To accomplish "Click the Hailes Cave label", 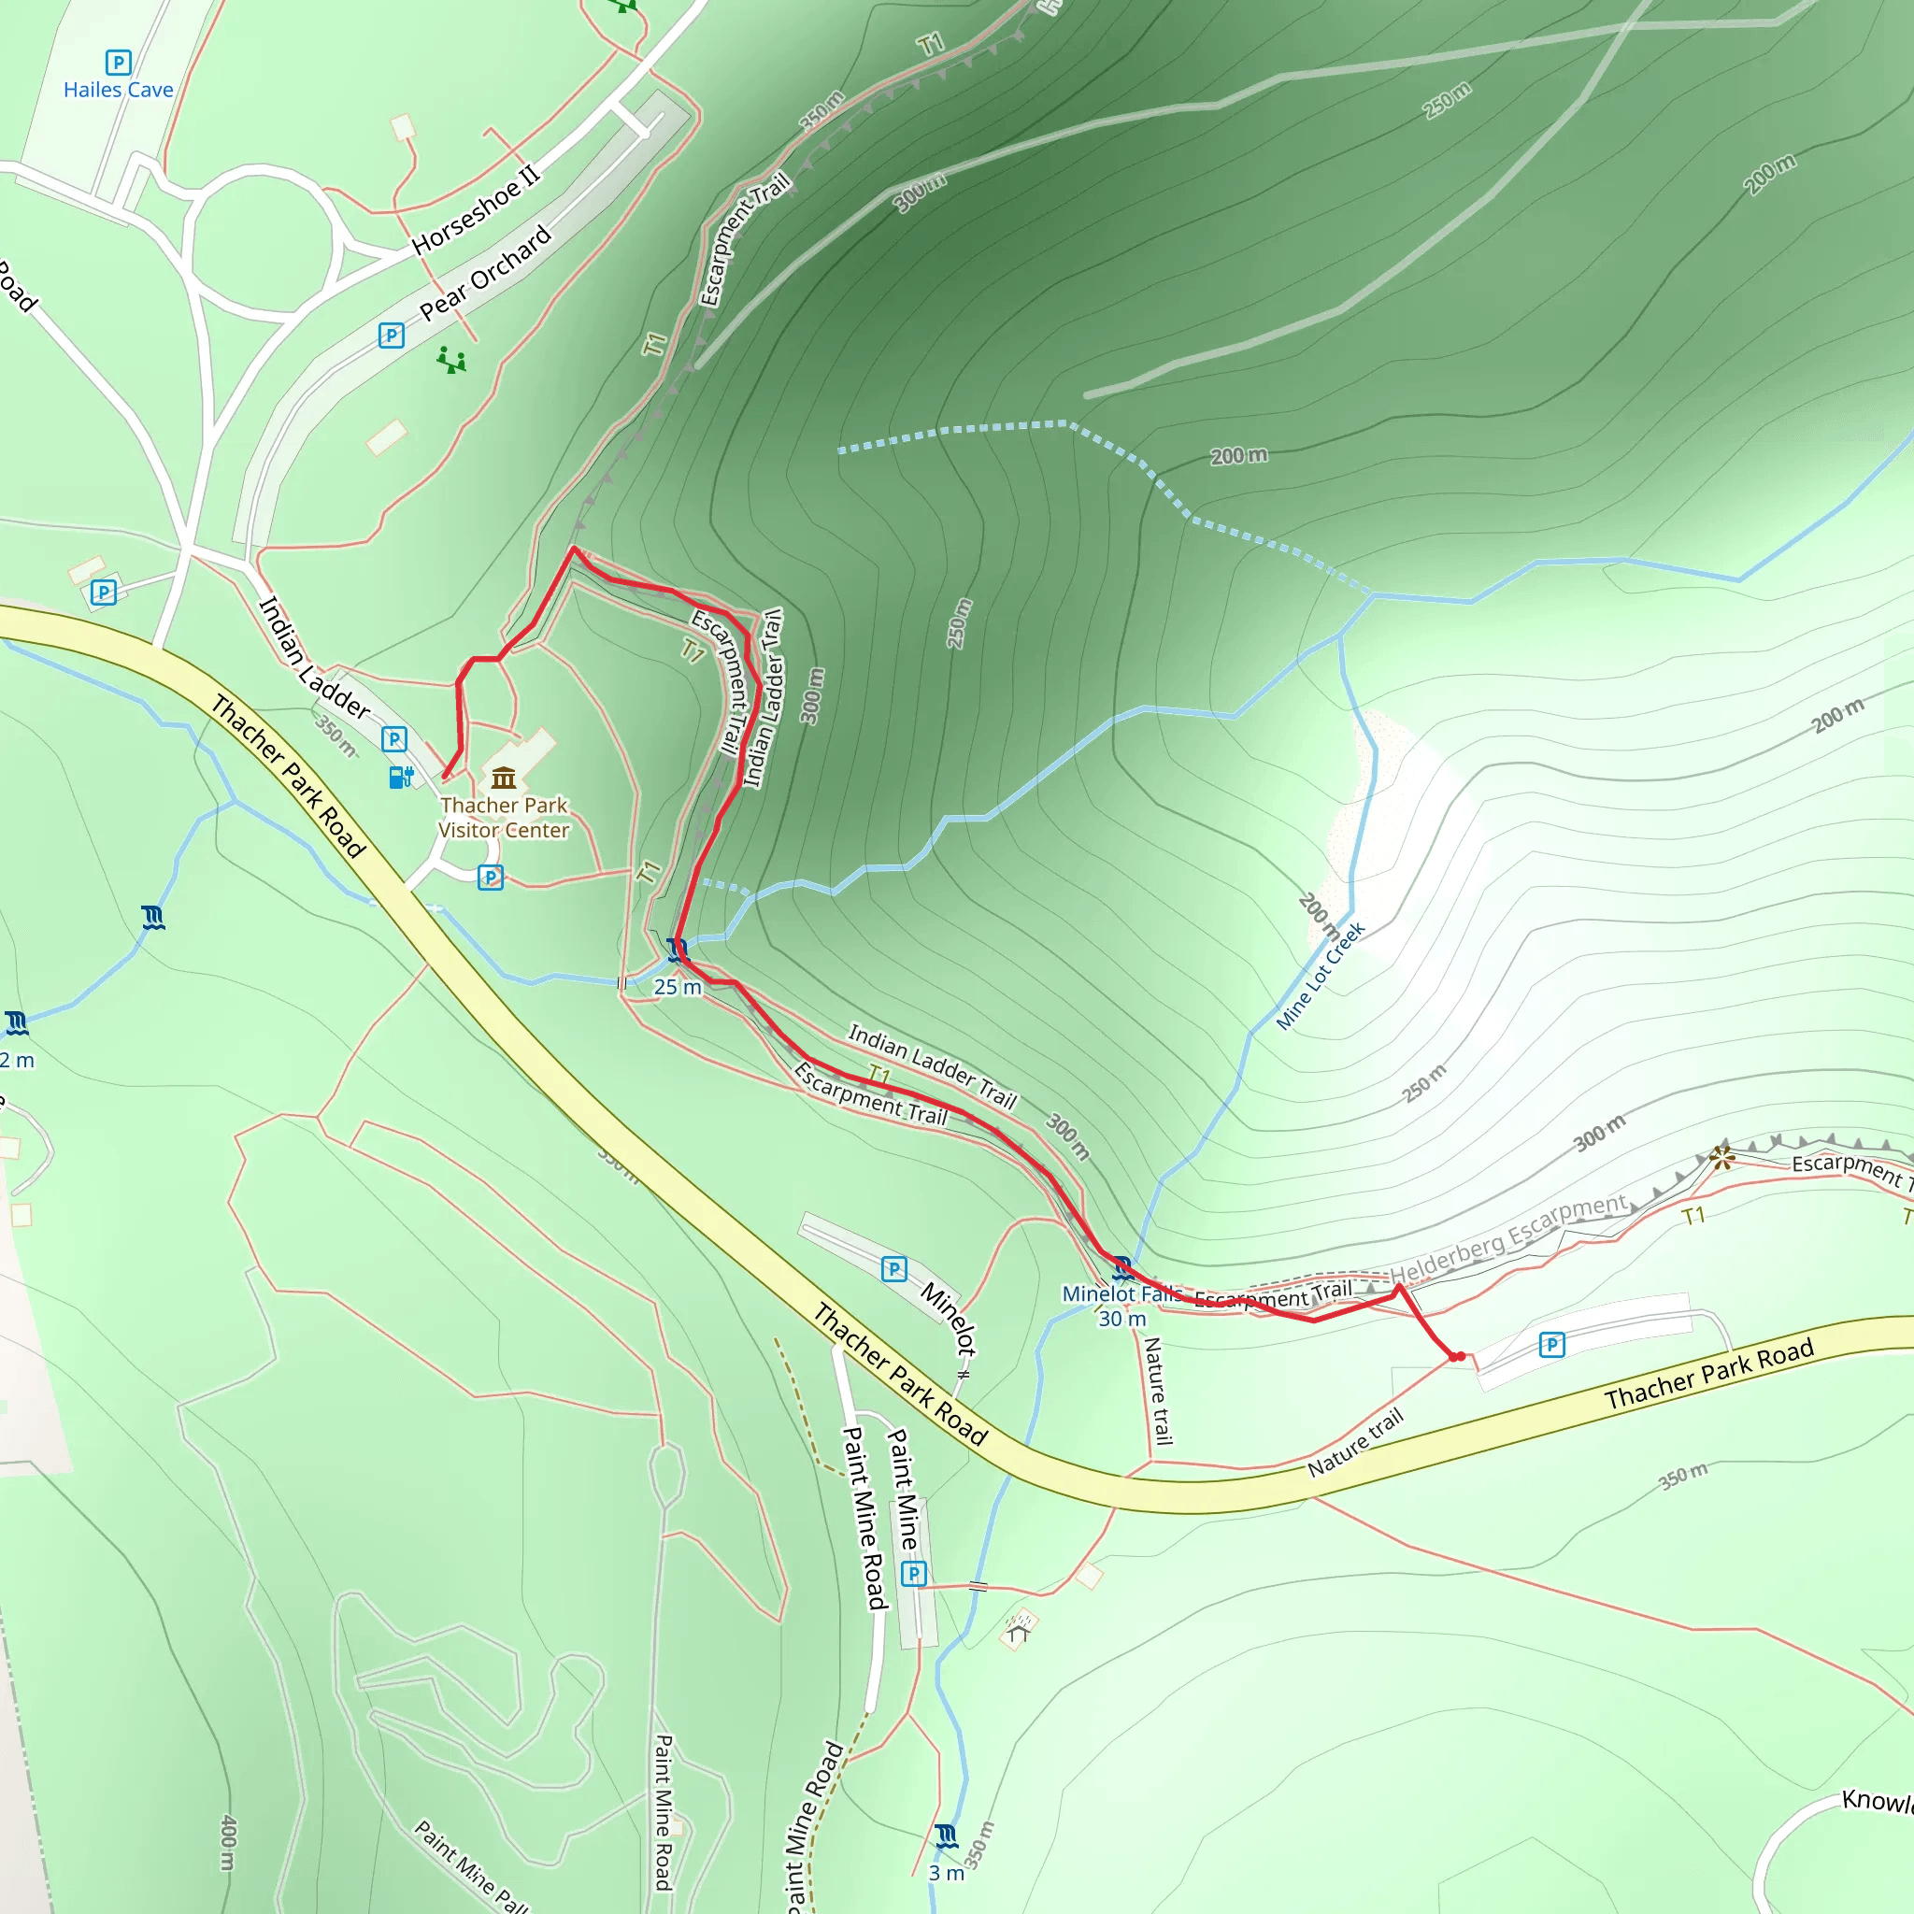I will pyautogui.click(x=118, y=90).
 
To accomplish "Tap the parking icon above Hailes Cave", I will pyautogui.click(x=118, y=63).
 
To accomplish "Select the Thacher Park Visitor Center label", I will pyautogui.click(x=504, y=818).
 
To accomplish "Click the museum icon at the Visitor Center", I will pyautogui.click(x=504, y=777).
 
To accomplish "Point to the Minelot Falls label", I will pyautogui.click(x=1121, y=1293).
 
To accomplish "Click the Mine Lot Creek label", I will pyautogui.click(x=1320, y=976).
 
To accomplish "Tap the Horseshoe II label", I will pyautogui.click(x=477, y=210).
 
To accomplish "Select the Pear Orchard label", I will pyautogui.click(x=484, y=273).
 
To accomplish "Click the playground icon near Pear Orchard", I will pyautogui.click(x=451, y=360).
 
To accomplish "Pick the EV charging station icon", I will pyautogui.click(x=400, y=777).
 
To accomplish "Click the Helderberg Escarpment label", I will pyautogui.click(x=1507, y=1238).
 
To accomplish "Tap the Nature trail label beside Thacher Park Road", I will pyautogui.click(x=1354, y=1442).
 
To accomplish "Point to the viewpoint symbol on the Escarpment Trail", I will pyautogui.click(x=1721, y=1156).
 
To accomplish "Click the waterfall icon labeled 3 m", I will pyautogui.click(x=946, y=1835).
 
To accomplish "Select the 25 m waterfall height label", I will pyautogui.click(x=678, y=987).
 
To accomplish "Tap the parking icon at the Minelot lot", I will pyautogui.click(x=893, y=1269).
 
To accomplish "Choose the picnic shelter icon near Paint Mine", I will pyautogui.click(x=1019, y=1628).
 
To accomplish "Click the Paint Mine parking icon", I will pyautogui.click(x=913, y=1573).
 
